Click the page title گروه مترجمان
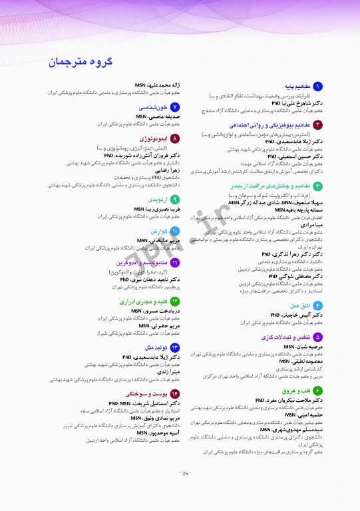(81, 63)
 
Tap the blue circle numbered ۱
(318, 86)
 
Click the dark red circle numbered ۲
(318, 125)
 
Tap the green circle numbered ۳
(318, 186)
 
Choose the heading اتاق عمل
(297, 305)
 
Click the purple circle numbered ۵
(318, 338)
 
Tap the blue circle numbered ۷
(175, 107)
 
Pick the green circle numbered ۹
(175, 199)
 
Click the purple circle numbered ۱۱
(175, 263)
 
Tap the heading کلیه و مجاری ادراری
(143, 301)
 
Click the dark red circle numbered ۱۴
(175, 394)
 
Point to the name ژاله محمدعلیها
(156, 86)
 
